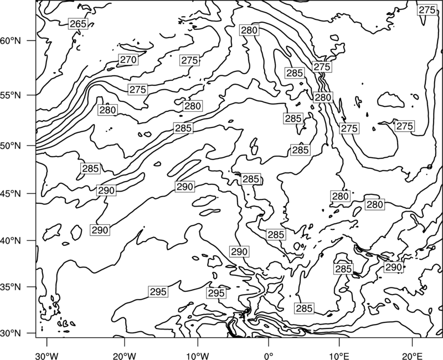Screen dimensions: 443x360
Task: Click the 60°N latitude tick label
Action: point(11,40)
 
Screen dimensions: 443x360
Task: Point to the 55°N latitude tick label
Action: point(11,95)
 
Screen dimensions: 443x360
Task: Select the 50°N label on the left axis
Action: point(11,146)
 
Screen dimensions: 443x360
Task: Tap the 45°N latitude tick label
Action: point(11,193)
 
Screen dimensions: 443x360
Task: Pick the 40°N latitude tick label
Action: point(11,240)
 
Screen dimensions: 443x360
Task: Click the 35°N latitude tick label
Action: point(11,287)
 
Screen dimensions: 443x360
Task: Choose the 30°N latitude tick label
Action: point(11,333)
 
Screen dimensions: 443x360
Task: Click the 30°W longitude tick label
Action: point(47,356)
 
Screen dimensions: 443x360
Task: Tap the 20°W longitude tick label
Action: point(125,356)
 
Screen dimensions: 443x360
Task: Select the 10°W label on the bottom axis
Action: point(198,356)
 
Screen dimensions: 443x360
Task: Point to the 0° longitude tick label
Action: point(269,356)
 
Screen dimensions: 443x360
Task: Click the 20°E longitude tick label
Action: point(412,356)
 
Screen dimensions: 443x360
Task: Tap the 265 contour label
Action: point(78,24)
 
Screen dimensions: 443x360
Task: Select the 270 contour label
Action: point(128,60)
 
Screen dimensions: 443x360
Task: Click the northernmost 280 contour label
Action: point(249,30)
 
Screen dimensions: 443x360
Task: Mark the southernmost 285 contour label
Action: point(304,308)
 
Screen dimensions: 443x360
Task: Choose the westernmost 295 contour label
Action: point(158,292)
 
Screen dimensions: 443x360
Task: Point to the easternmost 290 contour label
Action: point(393,267)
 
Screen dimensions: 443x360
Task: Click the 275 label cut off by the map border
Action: point(427,10)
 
